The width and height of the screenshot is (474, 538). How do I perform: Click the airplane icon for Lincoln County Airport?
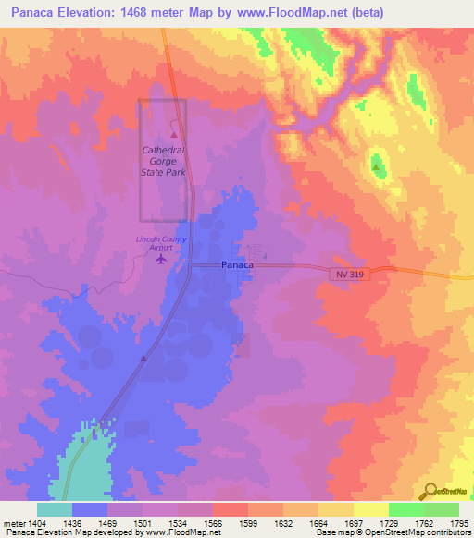[163, 259]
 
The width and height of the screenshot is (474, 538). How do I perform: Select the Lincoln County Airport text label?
[161, 243]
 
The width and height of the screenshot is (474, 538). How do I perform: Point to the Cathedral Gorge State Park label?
[163, 160]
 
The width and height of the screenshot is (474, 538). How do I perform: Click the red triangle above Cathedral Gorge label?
[173, 135]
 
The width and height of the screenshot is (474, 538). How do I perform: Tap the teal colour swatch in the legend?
[55, 509]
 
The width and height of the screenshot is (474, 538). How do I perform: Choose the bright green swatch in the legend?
[405, 509]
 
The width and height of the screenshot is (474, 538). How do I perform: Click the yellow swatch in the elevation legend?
[370, 509]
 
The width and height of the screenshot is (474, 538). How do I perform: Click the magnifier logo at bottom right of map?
[429, 491]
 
